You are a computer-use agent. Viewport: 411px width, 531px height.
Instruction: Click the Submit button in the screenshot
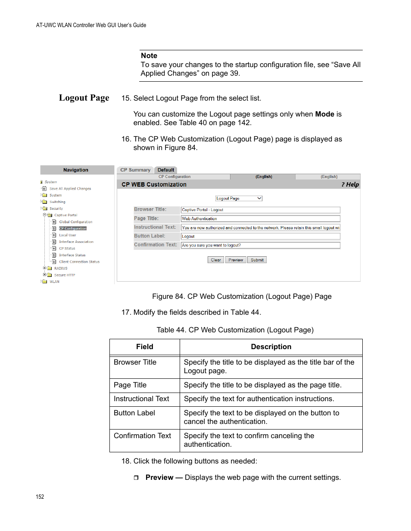click(257, 260)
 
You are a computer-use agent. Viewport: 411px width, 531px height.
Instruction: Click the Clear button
click(215, 260)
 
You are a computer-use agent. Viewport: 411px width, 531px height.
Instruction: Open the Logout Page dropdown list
click(239, 199)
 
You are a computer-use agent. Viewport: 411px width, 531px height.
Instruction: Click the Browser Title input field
click(260, 210)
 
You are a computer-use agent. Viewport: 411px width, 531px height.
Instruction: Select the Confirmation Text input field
click(260, 245)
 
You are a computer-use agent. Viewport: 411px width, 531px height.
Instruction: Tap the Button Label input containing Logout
click(260, 236)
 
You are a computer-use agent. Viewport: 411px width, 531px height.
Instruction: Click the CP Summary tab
click(135, 170)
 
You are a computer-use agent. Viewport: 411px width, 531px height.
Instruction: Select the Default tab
click(166, 170)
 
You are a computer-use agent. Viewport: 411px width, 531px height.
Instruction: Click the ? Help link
click(350, 184)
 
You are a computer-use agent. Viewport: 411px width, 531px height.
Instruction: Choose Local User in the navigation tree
click(67, 235)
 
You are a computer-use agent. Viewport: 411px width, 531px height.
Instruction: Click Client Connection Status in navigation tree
click(79, 262)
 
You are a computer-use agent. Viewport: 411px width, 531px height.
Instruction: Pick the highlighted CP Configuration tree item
click(73, 229)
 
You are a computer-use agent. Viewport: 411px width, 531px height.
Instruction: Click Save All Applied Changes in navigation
click(70, 189)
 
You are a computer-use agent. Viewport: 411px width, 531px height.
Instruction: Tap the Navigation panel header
click(76, 170)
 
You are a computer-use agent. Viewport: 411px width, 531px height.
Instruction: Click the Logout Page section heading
click(84, 98)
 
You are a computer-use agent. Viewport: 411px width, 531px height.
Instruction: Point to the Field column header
click(144, 347)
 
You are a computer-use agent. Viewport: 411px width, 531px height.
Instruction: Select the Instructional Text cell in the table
click(141, 399)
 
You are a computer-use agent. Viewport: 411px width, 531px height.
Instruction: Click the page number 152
click(40, 497)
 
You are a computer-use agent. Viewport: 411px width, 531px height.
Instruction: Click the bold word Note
click(149, 56)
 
